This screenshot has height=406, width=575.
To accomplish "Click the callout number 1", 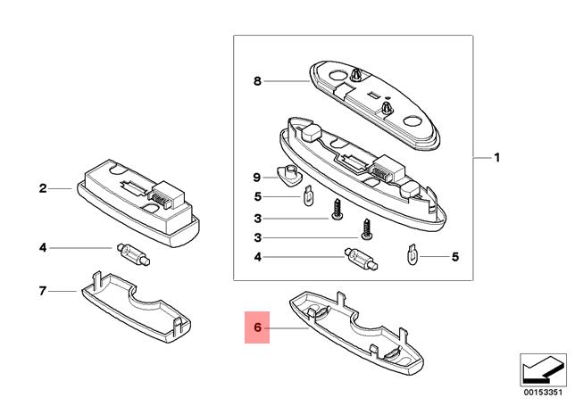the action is coord(497,158).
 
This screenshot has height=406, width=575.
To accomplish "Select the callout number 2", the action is coord(43,188).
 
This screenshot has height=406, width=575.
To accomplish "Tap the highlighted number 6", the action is coord(257,327).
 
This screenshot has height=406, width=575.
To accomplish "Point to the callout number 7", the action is coord(43,291).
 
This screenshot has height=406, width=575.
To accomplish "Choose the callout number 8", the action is coord(257,81).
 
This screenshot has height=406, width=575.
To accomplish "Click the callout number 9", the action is coord(257,178).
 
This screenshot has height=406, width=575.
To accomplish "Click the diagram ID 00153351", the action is coord(543,392).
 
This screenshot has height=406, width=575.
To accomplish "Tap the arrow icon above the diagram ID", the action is coord(543,369).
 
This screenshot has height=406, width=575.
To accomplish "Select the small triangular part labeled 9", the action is coord(288,175).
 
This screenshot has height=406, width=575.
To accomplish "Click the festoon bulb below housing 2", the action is coord(134,254).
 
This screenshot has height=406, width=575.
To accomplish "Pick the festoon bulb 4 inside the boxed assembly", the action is coord(362,259).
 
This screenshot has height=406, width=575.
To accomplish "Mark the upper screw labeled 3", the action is coord(337,210).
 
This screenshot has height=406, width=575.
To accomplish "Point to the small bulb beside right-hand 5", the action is coord(412,254).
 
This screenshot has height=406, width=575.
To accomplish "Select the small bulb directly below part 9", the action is coord(309,195).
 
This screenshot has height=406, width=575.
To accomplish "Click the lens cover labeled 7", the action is coord(136,307).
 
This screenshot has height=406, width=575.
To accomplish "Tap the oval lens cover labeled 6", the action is coord(356,333).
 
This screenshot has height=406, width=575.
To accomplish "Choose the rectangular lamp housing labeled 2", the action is coord(138,203).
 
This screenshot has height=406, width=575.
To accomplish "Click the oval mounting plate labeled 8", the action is coord(374,105).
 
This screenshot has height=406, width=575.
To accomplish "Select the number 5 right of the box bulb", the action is coord(455,257).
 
